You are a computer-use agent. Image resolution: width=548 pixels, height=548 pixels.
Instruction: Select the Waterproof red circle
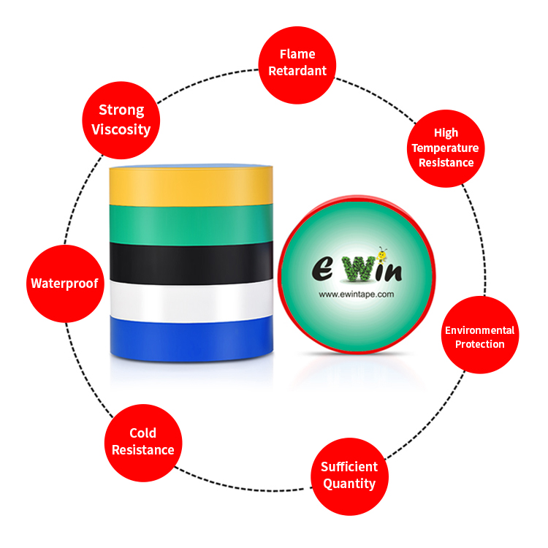(63, 283)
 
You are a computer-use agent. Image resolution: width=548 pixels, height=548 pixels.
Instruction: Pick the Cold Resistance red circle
(142, 442)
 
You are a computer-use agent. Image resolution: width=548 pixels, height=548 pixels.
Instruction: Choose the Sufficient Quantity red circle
(349, 474)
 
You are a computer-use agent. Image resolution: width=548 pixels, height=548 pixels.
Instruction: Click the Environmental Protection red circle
(479, 337)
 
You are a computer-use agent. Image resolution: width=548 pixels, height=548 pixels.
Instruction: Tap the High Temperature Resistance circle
(446, 147)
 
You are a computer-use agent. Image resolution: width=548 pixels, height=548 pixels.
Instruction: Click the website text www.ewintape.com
(356, 295)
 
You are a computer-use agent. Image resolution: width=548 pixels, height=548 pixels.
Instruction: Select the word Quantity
(349, 484)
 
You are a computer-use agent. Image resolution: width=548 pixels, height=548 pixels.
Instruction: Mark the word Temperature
(446, 148)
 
